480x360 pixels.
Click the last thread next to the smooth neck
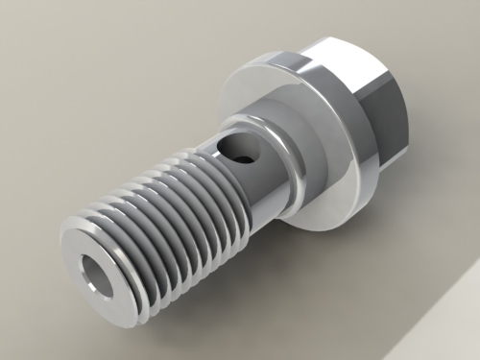coord(221,182)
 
